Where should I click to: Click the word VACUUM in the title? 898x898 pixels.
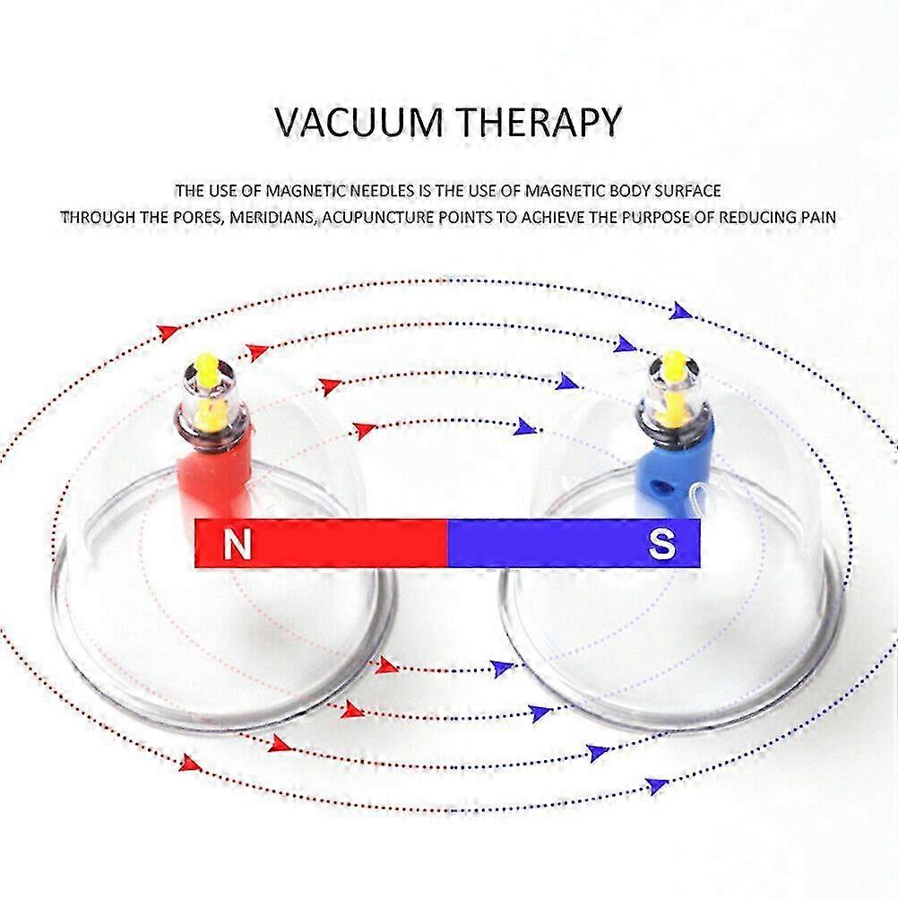[358, 121]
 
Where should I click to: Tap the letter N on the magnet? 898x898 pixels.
[237, 543]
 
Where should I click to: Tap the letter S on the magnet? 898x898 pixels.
[661, 543]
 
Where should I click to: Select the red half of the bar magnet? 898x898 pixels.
[321, 543]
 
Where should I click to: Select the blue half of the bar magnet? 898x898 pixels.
[574, 543]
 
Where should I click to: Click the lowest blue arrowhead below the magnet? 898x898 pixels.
[657, 784]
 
